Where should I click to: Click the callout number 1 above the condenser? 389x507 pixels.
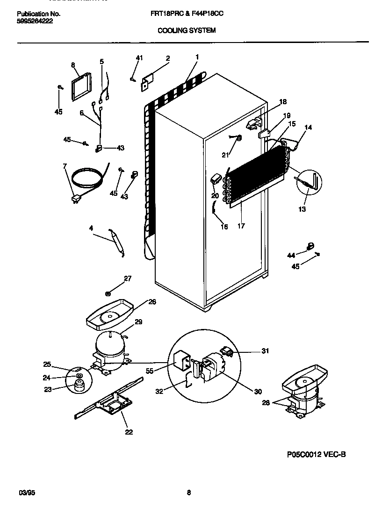coord(197,57)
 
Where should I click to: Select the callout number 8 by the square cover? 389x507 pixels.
coord(73,65)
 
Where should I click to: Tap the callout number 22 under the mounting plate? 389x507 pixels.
coord(129,432)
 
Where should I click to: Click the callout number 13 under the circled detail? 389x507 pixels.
coord(302,209)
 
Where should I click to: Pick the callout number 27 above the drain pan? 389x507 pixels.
coord(128,278)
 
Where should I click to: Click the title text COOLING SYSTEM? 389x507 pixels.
coord(187,30)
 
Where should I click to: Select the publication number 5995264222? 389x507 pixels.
coord(32,21)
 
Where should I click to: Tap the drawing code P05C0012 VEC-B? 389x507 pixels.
coord(316,454)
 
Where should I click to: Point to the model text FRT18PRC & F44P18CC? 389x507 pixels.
coord(187,14)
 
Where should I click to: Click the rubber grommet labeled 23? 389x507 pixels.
coord(78,385)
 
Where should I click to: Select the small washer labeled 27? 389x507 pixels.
coord(108,293)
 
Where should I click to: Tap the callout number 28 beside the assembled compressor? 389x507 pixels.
coord(266,403)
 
